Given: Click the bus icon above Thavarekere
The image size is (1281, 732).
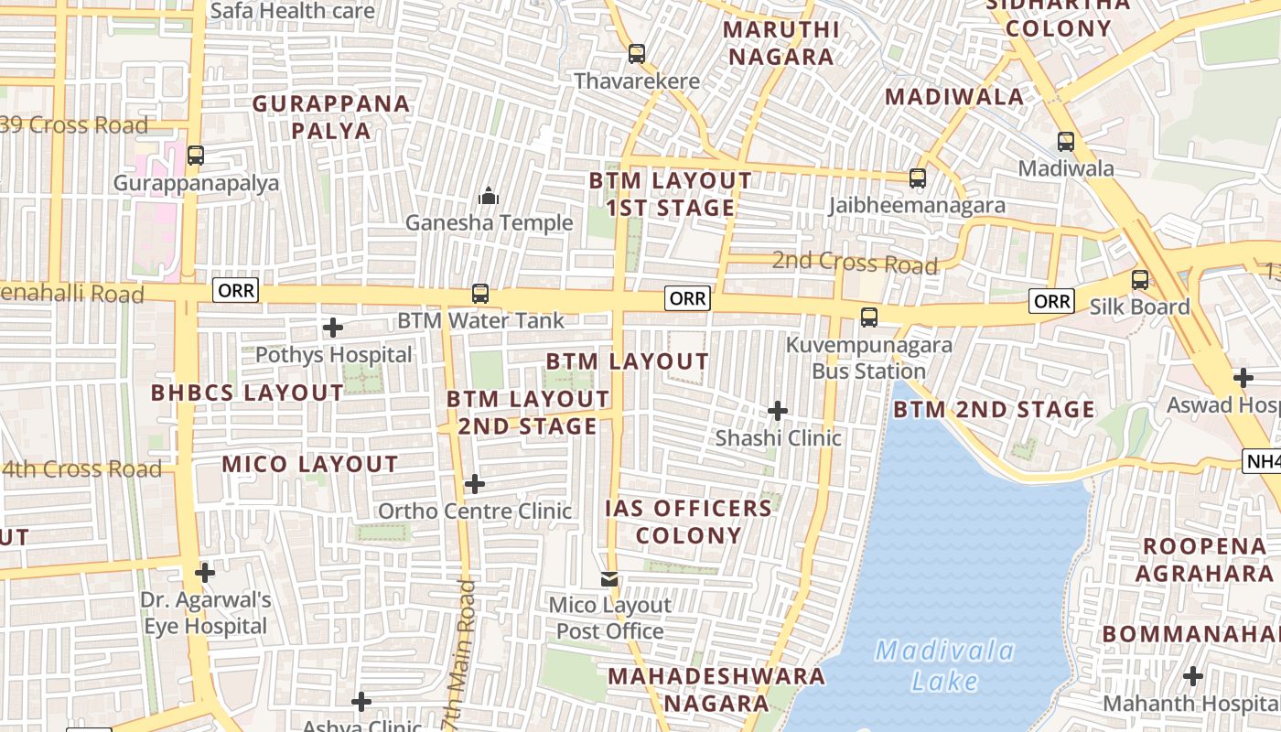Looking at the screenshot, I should (x=637, y=54).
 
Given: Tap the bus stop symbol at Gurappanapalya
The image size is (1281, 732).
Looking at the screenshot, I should (x=195, y=156).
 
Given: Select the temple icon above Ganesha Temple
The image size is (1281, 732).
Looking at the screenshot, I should (x=489, y=196).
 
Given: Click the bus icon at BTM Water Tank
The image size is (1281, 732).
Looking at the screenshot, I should (x=479, y=294).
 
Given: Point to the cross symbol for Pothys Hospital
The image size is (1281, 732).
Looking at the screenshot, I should (x=333, y=327).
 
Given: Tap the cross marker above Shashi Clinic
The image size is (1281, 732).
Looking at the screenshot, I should (x=778, y=411).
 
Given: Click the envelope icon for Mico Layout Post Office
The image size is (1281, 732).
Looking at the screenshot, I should (x=609, y=579).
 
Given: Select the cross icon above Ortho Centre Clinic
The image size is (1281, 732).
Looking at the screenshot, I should (x=474, y=483).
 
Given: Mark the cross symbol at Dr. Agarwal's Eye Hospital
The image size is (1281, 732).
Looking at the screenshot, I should (x=205, y=573).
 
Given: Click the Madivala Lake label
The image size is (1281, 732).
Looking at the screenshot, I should (x=944, y=666).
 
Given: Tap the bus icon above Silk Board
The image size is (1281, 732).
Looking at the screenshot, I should (x=1140, y=280).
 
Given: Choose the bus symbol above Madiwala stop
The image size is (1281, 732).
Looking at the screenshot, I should (x=1066, y=142).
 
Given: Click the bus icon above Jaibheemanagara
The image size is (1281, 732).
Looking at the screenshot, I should (x=917, y=178).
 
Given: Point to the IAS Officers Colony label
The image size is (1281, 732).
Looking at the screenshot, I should (x=688, y=522).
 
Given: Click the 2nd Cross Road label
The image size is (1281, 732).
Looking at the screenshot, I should (x=855, y=263).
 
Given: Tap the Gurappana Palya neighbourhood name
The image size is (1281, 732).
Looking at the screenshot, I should (x=331, y=116).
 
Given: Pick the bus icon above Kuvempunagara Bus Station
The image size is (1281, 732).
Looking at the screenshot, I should (x=869, y=318).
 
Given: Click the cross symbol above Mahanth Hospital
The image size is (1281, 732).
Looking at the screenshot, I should (x=1192, y=676).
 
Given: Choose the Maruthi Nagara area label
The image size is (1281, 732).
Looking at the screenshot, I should (x=779, y=43).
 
